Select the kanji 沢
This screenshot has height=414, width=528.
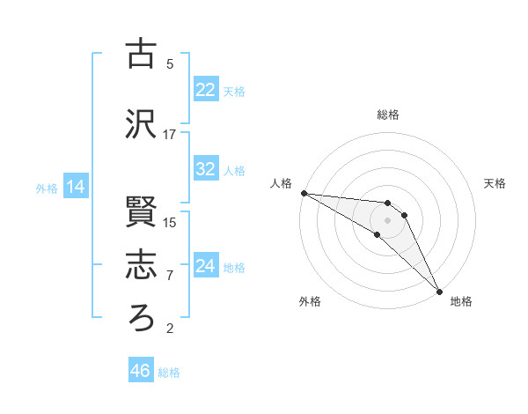point(141,124)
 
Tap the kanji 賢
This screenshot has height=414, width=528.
point(141,211)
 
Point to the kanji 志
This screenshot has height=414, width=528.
point(141,264)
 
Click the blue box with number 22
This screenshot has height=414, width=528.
point(206,90)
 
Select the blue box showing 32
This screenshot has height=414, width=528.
point(206,170)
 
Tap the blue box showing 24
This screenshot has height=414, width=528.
point(206,266)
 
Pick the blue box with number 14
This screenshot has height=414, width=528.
point(76,187)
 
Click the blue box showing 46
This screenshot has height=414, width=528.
point(141,371)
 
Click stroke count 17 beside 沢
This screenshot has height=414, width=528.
point(170,135)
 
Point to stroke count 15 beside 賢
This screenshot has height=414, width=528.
point(170,222)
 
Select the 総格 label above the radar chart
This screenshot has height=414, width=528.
point(388,115)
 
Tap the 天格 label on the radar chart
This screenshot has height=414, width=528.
point(495,183)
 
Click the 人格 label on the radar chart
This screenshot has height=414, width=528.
point(281,183)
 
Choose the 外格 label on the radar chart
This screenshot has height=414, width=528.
point(310,301)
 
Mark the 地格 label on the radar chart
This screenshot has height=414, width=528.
point(461,301)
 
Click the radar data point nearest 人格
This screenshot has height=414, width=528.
point(304,193)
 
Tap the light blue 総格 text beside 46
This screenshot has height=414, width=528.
point(169,373)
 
